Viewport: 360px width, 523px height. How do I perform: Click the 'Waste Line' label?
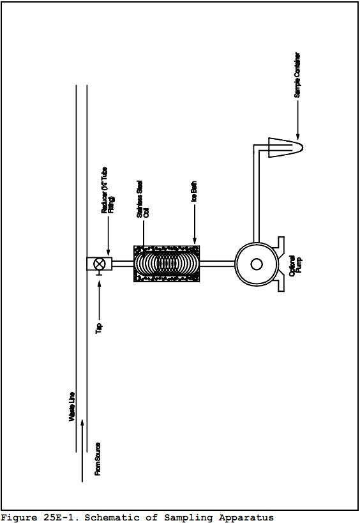coord(71,407)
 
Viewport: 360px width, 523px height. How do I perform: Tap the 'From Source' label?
coord(98,459)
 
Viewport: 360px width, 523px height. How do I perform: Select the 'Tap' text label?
coord(99,328)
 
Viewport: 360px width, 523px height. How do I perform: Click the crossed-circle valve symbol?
coord(99,264)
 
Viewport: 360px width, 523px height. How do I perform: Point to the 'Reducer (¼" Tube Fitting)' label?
coord(108,190)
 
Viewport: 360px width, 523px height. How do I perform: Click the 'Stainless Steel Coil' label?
coord(142,199)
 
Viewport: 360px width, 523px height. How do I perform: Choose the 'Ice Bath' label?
coord(193,191)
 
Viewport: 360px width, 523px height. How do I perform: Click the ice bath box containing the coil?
coord(167,264)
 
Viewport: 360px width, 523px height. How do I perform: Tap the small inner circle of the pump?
coord(257,264)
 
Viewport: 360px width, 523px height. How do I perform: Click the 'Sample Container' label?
coord(297,75)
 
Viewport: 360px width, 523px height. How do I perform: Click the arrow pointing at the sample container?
coord(298,120)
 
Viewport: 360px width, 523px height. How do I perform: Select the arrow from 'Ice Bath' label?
coord(195,224)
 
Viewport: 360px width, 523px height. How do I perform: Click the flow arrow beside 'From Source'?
coord(82,451)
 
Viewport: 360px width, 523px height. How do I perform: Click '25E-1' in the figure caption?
coord(60,517)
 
